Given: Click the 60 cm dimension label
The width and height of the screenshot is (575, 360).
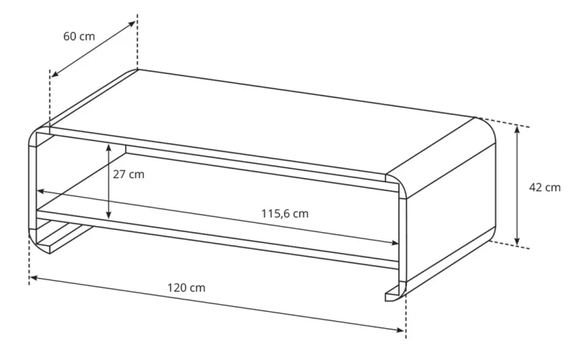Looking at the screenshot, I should point(78,36).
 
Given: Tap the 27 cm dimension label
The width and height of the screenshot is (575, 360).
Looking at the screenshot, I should point(129,174).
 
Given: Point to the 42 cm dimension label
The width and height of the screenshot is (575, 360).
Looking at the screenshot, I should point(544,188).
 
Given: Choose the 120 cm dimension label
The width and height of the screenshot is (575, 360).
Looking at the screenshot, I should point(186,287).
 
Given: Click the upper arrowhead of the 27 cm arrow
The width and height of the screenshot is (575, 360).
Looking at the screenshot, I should point(108,147).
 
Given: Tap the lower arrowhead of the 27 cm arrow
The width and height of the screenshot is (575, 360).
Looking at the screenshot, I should point(108,216).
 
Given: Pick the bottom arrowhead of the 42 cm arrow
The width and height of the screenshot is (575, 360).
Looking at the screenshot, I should point(517,242).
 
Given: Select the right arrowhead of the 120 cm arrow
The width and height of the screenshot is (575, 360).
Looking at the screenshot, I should point(402,331).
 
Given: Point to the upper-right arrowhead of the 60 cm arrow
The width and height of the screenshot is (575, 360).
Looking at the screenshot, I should point(132,24).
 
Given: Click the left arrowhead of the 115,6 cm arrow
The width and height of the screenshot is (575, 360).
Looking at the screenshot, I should point(41,191).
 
